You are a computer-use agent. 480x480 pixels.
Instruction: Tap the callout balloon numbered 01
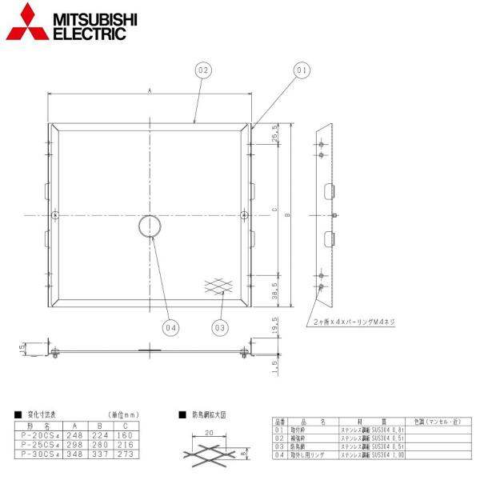point(302,71)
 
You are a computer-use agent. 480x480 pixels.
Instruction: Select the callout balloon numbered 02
point(203,71)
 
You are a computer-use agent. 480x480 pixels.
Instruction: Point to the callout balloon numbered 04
point(170,326)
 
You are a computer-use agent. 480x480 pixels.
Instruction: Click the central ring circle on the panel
point(150,226)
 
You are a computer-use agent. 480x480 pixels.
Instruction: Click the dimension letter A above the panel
point(150,91)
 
